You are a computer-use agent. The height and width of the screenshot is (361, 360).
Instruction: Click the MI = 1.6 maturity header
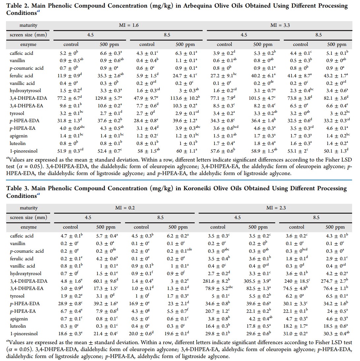click(129, 25)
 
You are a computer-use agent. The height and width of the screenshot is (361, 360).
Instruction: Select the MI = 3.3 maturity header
click(280, 25)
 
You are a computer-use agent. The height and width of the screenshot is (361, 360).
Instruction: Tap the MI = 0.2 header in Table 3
click(125, 208)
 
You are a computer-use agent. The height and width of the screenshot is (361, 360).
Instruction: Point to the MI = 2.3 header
click(276, 208)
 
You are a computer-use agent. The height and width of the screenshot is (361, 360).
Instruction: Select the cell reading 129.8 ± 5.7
click(109, 98)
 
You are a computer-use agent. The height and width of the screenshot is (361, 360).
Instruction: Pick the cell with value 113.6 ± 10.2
click(185, 98)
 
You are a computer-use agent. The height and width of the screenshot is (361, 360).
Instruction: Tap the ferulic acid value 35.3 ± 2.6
click(109, 76)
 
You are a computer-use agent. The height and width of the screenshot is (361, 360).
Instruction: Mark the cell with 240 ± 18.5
click(297, 281)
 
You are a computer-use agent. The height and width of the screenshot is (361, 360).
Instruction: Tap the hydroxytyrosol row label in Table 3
click(26, 273)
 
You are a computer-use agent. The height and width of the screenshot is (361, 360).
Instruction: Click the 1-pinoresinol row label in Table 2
click(23, 151)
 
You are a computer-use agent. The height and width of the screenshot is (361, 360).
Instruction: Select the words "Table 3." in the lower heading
click(17, 188)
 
